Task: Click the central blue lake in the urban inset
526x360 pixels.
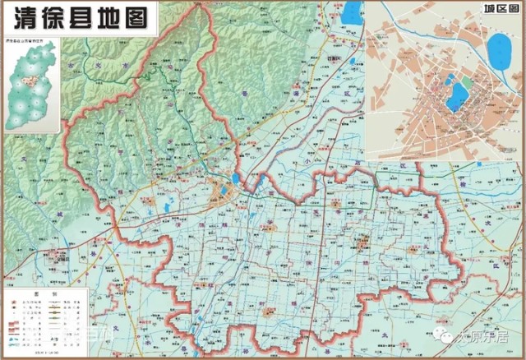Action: point(455,97)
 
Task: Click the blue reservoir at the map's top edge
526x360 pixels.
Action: point(353,12)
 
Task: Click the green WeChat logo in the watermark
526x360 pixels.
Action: point(445,335)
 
